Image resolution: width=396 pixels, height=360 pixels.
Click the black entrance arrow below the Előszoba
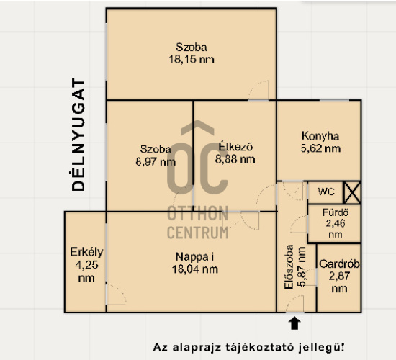pos(294,323)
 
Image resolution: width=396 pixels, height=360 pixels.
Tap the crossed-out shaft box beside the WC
pos(352,193)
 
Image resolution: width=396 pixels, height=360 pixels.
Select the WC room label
pos(326,192)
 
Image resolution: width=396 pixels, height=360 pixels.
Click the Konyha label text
pos(320,136)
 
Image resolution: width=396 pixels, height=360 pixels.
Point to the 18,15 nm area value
pos(192,60)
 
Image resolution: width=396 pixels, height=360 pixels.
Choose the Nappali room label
pos(194,256)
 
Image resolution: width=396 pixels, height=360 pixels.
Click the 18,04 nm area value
pos(194,269)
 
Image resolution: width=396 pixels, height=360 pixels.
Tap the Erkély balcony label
pos(86,252)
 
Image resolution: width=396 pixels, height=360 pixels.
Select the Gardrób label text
pos(339,264)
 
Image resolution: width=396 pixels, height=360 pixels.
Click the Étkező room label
pos(235,147)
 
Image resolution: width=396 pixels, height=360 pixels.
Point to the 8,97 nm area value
pos(156,162)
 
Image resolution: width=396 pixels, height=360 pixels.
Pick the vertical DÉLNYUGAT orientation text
pos(78,135)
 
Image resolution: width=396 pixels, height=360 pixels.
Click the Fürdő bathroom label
pos(336,212)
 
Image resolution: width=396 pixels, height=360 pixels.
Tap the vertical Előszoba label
pos(289,266)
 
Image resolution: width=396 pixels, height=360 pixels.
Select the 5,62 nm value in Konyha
pos(320,148)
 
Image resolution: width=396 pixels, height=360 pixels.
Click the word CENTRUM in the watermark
pos(198,233)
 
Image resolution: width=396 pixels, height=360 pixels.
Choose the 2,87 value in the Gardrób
pos(339,276)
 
